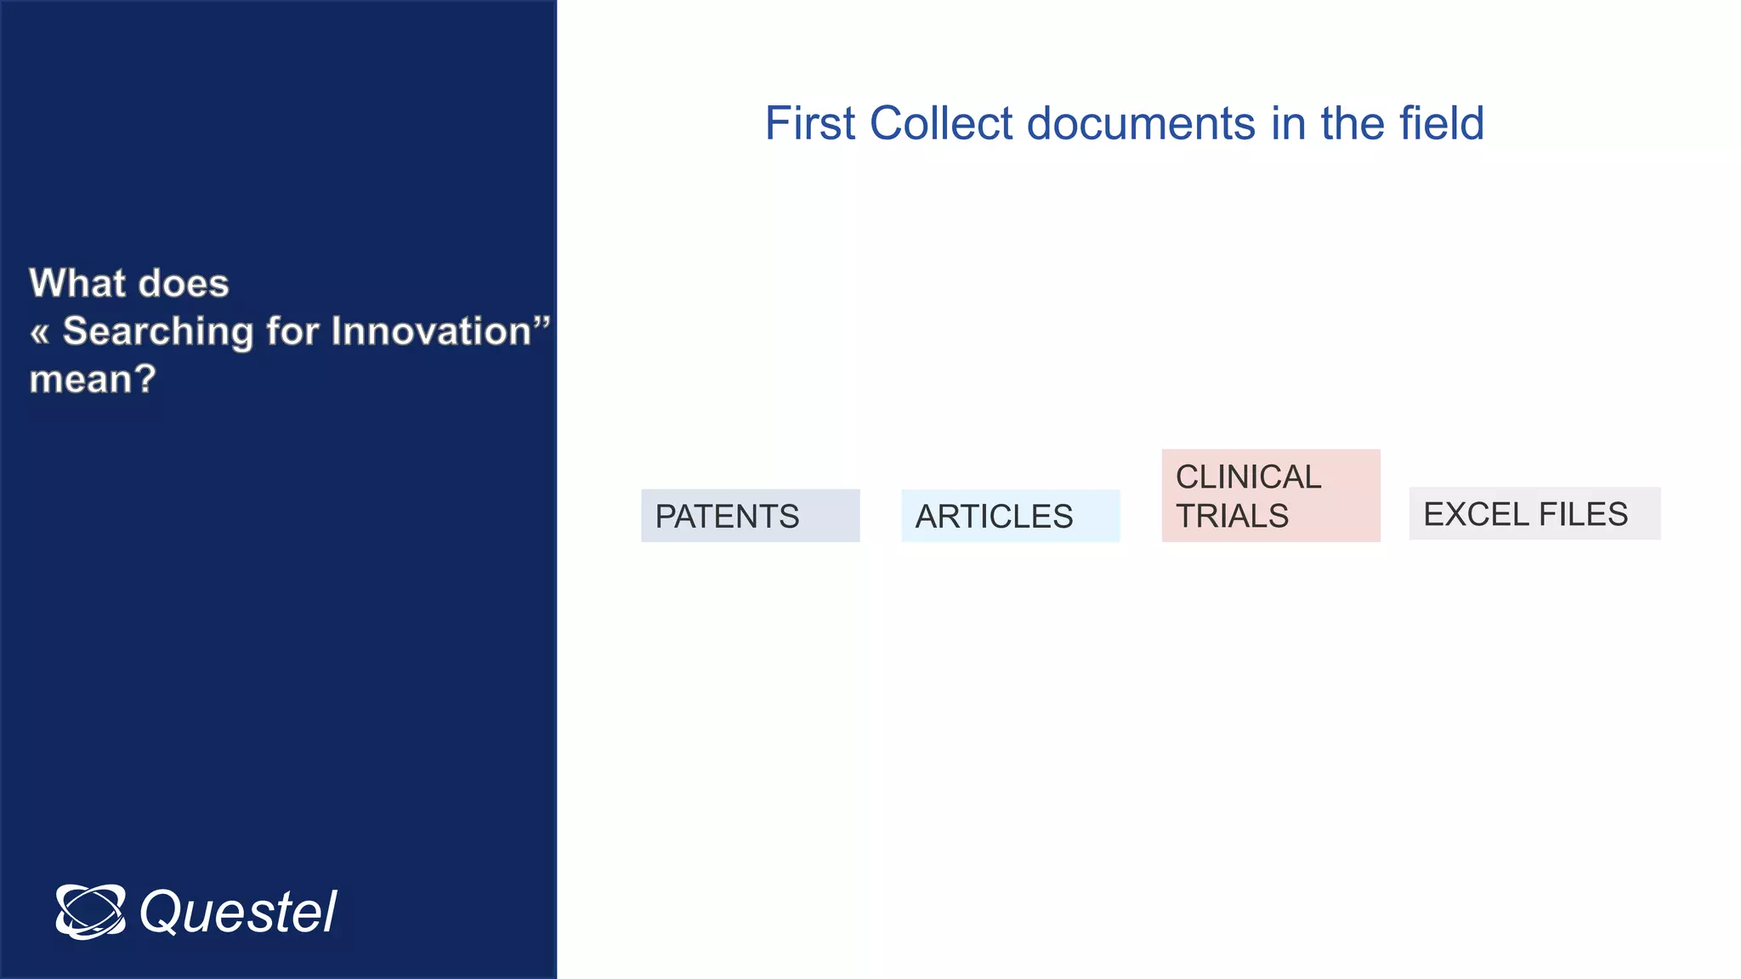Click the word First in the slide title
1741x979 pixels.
809,124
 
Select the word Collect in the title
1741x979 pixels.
942,124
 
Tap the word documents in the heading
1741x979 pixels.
1142,124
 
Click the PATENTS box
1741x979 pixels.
750,516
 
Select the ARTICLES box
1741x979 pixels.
1010,516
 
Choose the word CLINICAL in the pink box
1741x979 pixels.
1248,478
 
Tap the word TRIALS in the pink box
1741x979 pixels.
1232,516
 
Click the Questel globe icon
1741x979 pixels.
90,911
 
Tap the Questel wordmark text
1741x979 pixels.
238,913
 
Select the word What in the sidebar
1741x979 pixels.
76,283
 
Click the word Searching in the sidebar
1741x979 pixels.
158,331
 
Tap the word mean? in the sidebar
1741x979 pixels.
93,379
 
